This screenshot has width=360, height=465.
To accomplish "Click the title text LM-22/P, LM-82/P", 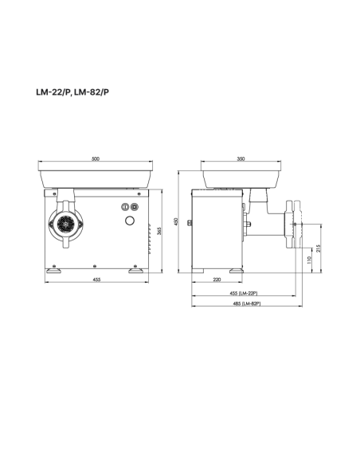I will click(72, 91).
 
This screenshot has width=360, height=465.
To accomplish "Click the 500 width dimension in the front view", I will click(95, 159).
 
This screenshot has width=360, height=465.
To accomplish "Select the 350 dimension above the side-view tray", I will click(241, 159).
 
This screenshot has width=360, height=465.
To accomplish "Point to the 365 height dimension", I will click(159, 231).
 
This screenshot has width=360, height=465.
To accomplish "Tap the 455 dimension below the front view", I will click(95, 279).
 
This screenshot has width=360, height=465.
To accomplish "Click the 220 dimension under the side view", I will click(217, 279).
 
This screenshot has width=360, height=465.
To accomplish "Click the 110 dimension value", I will click(309, 260).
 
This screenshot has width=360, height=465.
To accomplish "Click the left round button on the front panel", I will click(124, 207).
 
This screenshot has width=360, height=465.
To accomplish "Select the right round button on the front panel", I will click(133, 207).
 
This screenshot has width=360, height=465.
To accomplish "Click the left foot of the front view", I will click(55, 271).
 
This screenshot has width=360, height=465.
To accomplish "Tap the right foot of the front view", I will click(136, 271).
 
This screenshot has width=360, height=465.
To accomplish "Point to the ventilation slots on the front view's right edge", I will click(149, 226).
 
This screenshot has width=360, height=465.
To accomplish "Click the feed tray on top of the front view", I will click(95, 175).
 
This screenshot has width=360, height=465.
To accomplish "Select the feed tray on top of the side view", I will click(241, 175).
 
